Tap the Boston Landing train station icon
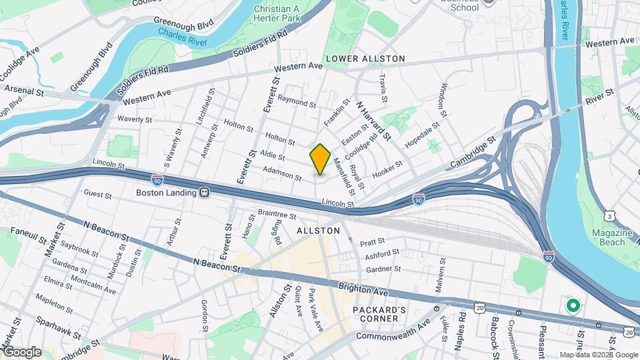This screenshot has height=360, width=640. (x=205, y=193)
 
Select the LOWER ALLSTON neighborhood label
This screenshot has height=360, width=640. (x=365, y=59)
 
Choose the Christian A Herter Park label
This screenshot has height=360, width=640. (x=277, y=14)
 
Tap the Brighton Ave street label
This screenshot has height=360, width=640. (x=362, y=290)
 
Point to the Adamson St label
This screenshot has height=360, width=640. (x=282, y=174)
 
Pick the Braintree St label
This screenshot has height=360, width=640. (x=276, y=215)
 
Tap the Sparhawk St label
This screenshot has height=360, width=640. (x=59, y=327)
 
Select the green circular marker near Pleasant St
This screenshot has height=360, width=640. (x=572, y=307)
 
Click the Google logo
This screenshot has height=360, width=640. (x=21, y=351)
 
